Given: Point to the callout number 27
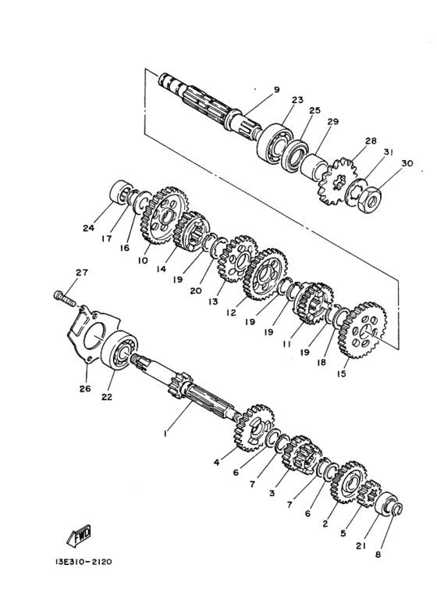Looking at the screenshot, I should [82, 273].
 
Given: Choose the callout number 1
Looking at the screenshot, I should [165, 430].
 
